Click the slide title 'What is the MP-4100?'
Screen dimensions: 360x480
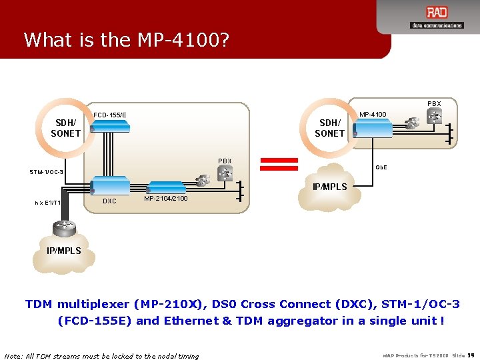pyautogui.click(x=126, y=40)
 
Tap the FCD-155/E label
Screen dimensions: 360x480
pyautogui.click(x=110, y=115)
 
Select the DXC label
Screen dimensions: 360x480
pyautogui.click(x=109, y=201)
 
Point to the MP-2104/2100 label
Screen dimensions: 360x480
pyautogui.click(x=165, y=198)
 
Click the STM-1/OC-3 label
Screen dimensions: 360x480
pyautogui.click(x=46, y=172)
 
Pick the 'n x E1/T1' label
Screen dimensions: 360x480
pyautogui.click(x=48, y=203)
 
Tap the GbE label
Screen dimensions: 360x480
pyautogui.click(x=381, y=167)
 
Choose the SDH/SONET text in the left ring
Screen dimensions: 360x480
pyautogui.click(x=65, y=128)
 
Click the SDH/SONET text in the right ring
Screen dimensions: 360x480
pyautogui.click(x=329, y=128)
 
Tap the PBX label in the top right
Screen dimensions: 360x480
pyautogui.click(x=434, y=104)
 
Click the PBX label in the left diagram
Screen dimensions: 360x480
pyautogui.click(x=225, y=161)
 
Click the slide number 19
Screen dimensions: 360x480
pyautogui.click(x=471, y=355)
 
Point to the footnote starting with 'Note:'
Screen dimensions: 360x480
pyautogui.click(x=101, y=355)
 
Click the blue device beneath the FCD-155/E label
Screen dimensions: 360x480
pyautogui.click(x=109, y=129)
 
